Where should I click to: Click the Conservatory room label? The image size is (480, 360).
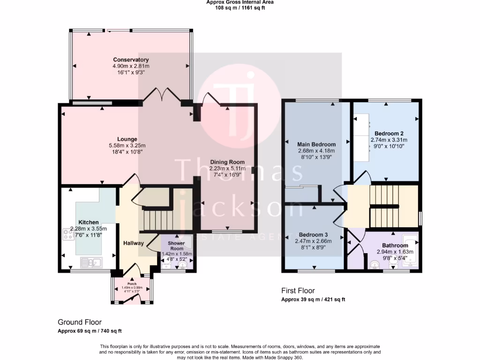click(131, 60)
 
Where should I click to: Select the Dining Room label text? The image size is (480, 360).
click(227, 162)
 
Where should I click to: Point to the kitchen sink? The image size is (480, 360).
click(88, 262)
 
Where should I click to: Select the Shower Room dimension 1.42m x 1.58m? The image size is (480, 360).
click(177, 254)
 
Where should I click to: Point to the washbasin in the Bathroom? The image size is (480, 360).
click(374, 266)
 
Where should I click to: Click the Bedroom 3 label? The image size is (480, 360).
click(313, 234)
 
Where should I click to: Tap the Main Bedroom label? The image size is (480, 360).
click(316, 144)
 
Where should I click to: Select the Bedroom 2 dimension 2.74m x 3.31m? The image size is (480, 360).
click(389, 140)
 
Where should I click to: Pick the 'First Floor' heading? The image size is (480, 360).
click(298, 291)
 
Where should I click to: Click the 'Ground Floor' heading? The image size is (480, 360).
click(79, 322)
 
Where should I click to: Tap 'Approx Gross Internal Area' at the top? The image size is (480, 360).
click(240, 2)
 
